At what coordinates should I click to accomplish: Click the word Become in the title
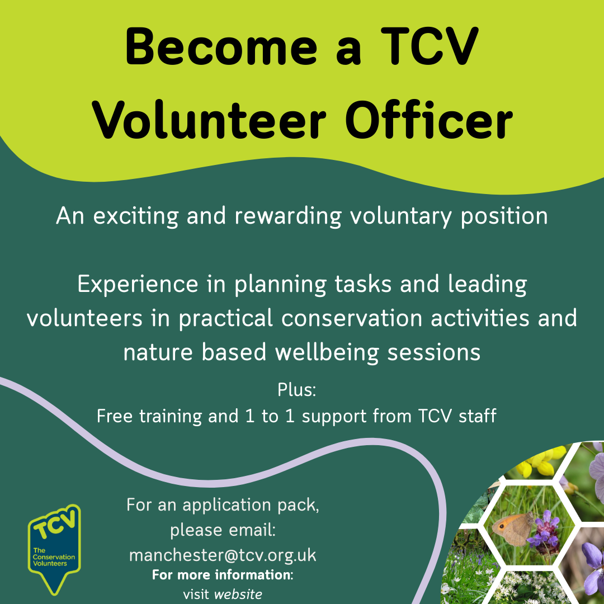coord(221,46)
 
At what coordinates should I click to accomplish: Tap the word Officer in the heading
coord(428,119)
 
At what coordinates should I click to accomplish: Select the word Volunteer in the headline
coord(209,120)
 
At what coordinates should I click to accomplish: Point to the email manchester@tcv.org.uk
coord(223,555)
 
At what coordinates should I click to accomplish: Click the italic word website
coord(238,594)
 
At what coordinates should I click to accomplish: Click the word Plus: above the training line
coord(296,389)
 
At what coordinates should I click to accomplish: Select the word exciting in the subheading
coord(136,216)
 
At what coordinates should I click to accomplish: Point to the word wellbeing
coord(327,353)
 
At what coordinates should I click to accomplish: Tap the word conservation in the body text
coord(352,318)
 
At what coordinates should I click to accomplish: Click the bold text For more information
coord(223,575)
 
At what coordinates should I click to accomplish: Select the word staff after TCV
coord(477,416)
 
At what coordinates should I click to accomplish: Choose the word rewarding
coord(288,216)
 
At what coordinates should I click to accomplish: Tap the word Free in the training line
coord(115,416)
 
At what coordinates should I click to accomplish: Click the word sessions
coord(434,353)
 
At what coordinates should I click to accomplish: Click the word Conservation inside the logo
coord(54,557)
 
